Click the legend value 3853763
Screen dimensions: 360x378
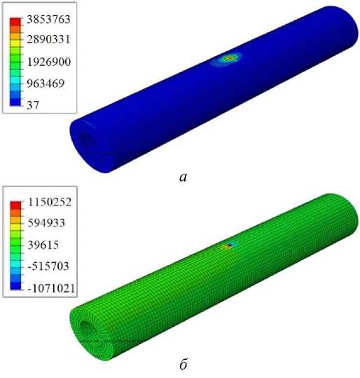[x=48, y=20]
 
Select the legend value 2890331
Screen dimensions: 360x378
[x=48, y=39]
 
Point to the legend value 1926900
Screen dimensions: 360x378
[x=48, y=62]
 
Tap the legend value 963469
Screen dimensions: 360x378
[x=46, y=83]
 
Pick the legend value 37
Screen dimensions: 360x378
[x=33, y=105]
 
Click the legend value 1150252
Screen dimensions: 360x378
[x=50, y=202]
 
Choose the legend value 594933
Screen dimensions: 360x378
[x=46, y=222]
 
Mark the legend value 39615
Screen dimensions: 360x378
[x=43, y=245]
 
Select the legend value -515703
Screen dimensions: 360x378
[x=48, y=266]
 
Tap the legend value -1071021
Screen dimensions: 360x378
[x=51, y=288]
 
